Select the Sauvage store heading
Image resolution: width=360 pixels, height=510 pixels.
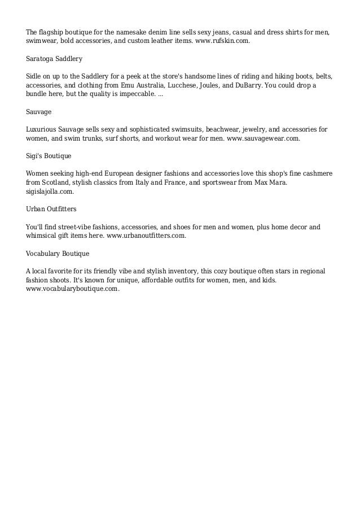(x=39, y=112)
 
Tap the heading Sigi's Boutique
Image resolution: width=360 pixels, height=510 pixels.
(x=49, y=155)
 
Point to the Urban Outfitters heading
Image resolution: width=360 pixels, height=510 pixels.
(x=51, y=209)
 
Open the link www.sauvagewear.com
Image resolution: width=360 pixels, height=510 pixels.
(x=263, y=138)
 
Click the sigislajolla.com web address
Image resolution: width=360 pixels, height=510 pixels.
(x=50, y=192)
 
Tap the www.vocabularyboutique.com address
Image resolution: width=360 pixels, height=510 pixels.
(x=73, y=289)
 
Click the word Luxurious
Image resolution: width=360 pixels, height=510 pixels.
(x=43, y=129)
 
